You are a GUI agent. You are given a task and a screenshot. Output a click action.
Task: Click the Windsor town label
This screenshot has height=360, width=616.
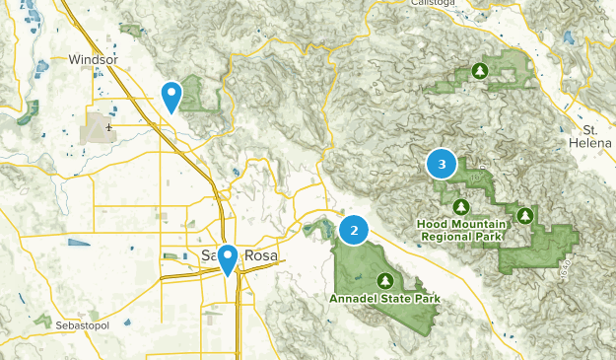(x=94, y=60)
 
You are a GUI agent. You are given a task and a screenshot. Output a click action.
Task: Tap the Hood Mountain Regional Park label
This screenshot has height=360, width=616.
(x=460, y=231)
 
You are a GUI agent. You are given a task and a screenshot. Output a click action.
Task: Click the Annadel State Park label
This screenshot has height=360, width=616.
(x=384, y=298)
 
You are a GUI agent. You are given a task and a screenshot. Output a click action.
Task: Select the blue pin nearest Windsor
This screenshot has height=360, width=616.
(x=171, y=97)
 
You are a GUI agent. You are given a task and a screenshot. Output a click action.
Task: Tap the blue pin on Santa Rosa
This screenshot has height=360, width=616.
(x=228, y=259)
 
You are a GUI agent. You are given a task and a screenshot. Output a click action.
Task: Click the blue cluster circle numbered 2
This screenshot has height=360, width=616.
(x=354, y=230)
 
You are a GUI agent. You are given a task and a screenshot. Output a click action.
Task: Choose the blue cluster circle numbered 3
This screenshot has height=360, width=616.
(x=442, y=164)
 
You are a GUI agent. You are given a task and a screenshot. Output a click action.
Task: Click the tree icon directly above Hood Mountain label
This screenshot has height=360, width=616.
(x=460, y=207)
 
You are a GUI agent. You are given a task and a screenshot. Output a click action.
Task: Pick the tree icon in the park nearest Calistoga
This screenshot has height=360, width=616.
(x=480, y=71)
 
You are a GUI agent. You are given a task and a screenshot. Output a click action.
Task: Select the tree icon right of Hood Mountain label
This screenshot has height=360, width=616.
(x=525, y=214)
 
